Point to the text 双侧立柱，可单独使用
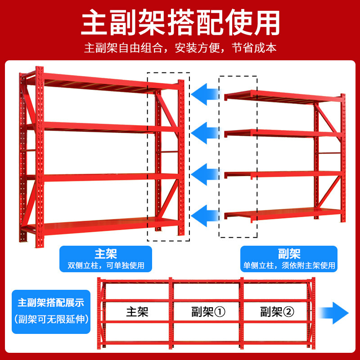pyautogui.click(x=106, y=265)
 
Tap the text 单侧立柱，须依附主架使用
pyautogui.click(x=288, y=265)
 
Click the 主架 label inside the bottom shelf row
pyautogui.click(x=137, y=311)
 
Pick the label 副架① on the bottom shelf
pyautogui.click(x=208, y=311)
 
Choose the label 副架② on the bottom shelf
pyautogui.click(x=277, y=311)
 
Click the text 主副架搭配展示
pyautogui.click(x=51, y=302)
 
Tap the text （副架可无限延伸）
pyautogui.click(x=51, y=320)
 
